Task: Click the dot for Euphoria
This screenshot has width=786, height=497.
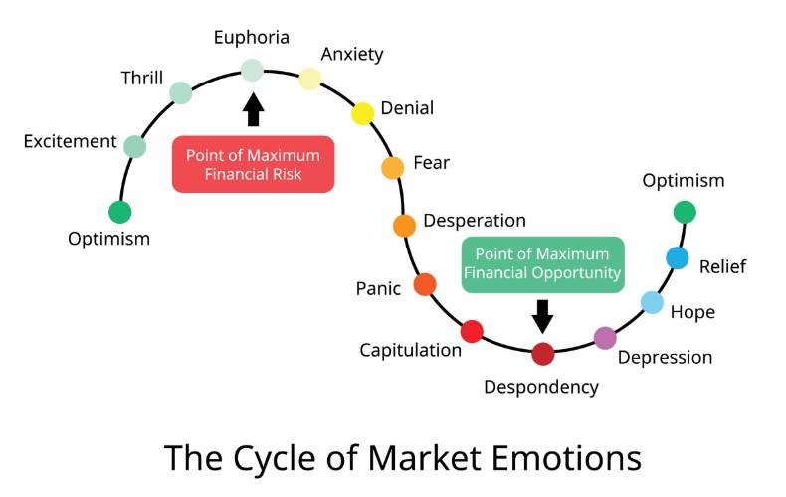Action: (x=253, y=70)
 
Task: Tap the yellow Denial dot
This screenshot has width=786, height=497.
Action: (x=363, y=113)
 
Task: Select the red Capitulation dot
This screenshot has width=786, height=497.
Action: (x=472, y=331)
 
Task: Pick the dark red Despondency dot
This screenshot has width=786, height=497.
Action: (x=542, y=353)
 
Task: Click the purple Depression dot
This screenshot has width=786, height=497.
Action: (x=605, y=338)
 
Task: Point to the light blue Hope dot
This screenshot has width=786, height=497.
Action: (x=652, y=302)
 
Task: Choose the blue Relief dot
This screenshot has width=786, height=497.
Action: (x=678, y=258)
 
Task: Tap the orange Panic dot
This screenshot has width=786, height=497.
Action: (x=425, y=285)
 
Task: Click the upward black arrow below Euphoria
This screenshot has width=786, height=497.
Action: (x=253, y=108)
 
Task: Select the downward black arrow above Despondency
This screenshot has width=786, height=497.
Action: (x=542, y=316)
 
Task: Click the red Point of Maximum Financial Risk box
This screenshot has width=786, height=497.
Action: (x=253, y=165)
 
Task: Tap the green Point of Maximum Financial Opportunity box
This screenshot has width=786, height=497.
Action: (x=542, y=263)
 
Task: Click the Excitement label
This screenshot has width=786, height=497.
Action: (x=70, y=141)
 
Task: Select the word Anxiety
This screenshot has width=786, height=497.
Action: (x=352, y=54)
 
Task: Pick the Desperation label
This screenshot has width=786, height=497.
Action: (x=475, y=220)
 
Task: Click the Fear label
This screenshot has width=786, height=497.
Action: (x=431, y=163)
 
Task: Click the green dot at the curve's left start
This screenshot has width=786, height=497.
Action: (x=120, y=212)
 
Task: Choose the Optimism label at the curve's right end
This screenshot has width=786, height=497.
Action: (x=684, y=180)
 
